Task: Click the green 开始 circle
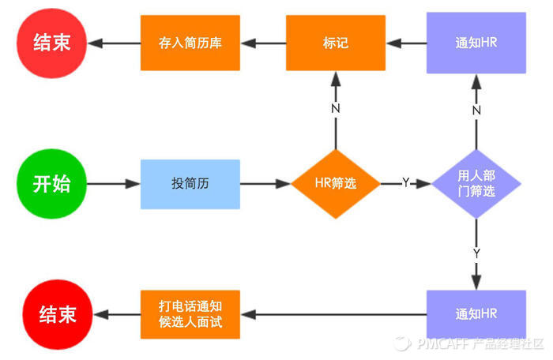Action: click(x=51, y=184)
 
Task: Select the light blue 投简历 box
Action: click(x=190, y=184)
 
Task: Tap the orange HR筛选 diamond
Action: click(x=335, y=184)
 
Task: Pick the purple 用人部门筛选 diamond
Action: click(x=476, y=184)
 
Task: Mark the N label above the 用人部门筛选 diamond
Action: click(x=476, y=110)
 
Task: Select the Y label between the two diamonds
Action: click(x=405, y=183)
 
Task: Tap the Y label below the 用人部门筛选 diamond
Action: click(x=476, y=253)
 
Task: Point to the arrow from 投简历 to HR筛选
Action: click(x=265, y=184)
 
